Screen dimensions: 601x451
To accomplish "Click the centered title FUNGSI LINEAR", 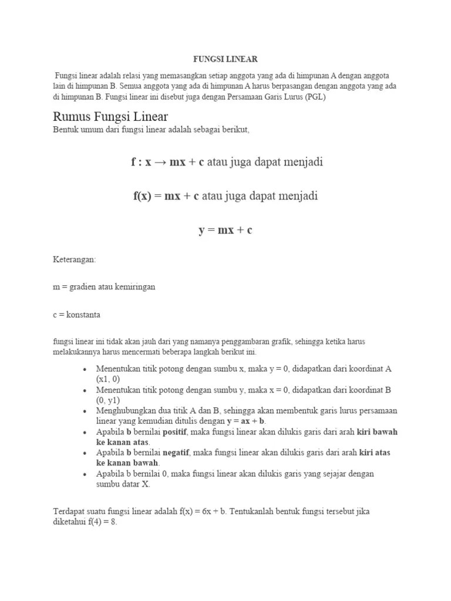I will click(225, 59).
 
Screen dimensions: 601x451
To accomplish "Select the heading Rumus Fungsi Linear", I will click(110, 117).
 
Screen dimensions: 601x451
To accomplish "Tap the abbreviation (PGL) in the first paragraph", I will click(314, 97).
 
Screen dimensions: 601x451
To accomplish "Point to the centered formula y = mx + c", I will click(225, 230).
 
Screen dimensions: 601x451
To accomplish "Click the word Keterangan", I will click(74, 259).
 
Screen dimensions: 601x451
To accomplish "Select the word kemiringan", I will click(136, 287).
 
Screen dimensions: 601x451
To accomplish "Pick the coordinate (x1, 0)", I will click(108, 379).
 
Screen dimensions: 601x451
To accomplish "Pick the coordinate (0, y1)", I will click(108, 400).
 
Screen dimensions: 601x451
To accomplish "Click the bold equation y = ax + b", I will click(246, 421).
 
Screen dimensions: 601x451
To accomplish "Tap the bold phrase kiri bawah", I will click(377, 432).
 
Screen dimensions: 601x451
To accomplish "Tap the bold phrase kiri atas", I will click(374, 453).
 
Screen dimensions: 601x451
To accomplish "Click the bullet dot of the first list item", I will click(85, 369).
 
